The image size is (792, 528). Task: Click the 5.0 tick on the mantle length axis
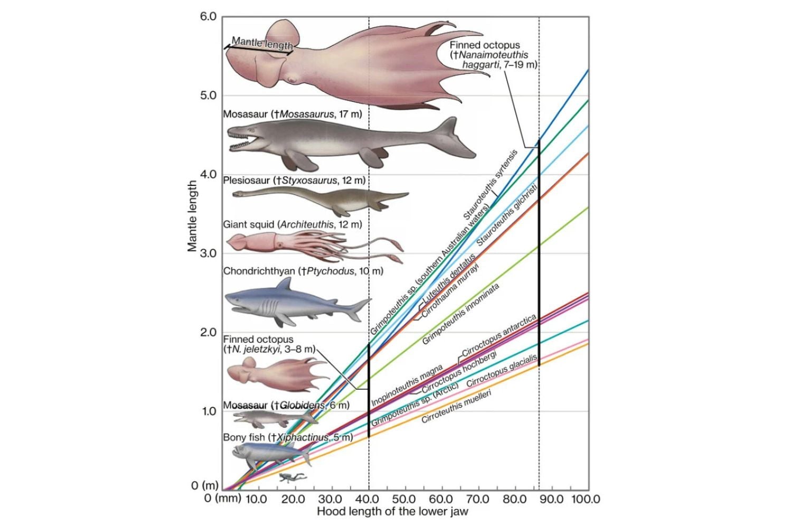point(208,96)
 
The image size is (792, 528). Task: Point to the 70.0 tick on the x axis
point(477,499)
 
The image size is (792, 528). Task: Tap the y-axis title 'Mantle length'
point(192,216)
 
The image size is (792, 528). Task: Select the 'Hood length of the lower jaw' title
point(392,511)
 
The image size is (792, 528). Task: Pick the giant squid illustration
point(312,246)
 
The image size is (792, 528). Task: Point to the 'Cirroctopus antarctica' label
point(499,336)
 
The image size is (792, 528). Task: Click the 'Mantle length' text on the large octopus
point(262,43)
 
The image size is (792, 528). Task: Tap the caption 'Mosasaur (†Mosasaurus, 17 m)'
point(292,114)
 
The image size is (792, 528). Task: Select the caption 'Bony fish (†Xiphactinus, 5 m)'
point(288,437)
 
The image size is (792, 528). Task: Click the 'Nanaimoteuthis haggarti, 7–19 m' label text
point(491,55)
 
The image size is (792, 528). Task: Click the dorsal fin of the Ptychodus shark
point(285,285)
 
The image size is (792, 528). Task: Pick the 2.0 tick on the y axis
point(208,333)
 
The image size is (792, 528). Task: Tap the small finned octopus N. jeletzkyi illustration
point(275,372)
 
